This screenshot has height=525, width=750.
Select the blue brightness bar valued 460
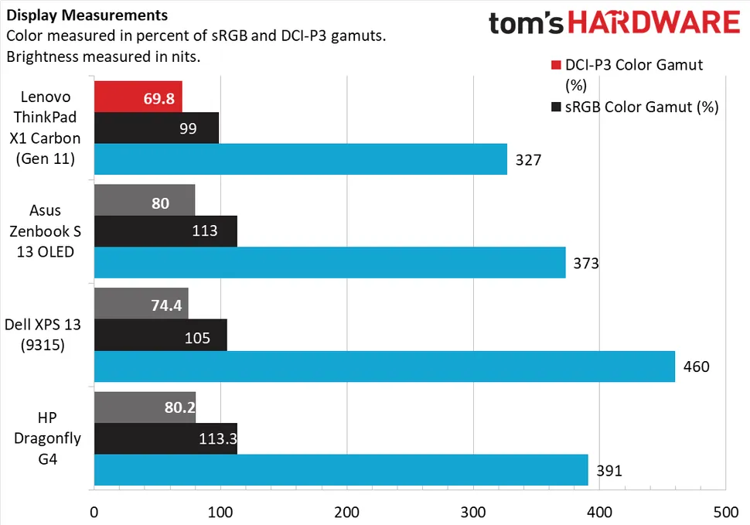coord(384,366)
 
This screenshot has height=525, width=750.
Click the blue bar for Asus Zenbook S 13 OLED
coord(329,263)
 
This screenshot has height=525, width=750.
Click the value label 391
coord(609,470)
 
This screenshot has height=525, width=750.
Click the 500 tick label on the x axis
coord(724,511)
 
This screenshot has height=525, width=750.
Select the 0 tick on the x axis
coord(94,511)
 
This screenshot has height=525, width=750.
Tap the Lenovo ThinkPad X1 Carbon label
coord(47,128)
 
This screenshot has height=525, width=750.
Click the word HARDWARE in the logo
coord(659,23)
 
